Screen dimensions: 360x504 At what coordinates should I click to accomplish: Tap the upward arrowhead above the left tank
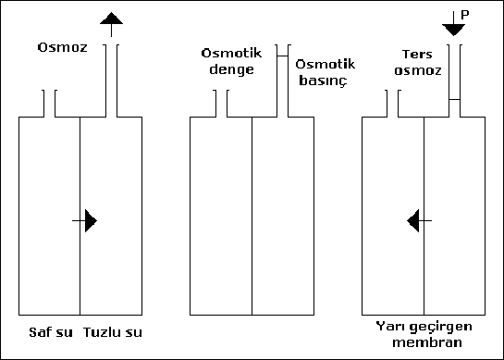tap(111, 19)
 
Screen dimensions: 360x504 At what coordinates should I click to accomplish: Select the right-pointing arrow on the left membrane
tap(90, 220)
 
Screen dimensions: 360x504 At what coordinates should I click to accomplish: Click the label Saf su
tap(45, 330)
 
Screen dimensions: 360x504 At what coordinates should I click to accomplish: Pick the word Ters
tap(419, 54)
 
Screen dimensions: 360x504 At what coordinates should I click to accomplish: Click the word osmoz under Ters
tap(419, 68)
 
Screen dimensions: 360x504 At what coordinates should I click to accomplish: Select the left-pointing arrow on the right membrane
tap(416, 220)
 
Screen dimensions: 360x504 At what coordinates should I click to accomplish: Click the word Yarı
tap(388, 328)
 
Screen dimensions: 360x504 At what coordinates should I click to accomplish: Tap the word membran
tap(424, 343)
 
